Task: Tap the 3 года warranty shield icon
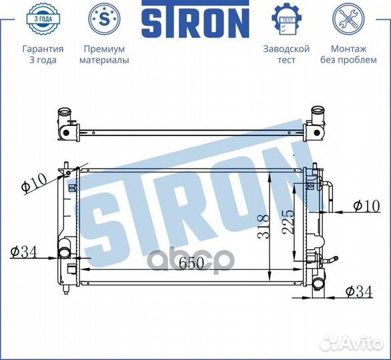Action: click(x=43, y=21)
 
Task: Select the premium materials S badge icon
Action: click(x=104, y=21)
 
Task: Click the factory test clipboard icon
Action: click(x=286, y=21)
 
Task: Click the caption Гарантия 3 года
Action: click(x=43, y=55)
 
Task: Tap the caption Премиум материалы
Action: click(x=104, y=55)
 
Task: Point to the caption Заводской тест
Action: click(x=286, y=55)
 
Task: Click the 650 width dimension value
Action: click(x=191, y=263)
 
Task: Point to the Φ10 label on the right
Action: click(x=366, y=206)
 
